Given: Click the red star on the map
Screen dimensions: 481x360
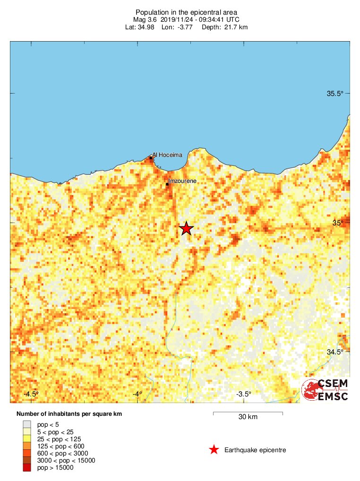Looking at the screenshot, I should pos(187,228).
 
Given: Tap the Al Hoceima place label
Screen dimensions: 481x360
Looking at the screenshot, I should pos(167,155).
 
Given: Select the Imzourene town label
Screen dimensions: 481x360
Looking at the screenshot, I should pos(182,181).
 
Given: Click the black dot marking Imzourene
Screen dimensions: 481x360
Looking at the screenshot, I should pos(167,184).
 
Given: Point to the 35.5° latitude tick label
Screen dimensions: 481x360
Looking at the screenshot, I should pos(335,94).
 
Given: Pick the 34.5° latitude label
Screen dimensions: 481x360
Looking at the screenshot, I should pos(335,352).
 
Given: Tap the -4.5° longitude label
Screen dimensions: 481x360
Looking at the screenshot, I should pos(32,394).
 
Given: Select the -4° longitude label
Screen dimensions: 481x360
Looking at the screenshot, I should pos(137,394).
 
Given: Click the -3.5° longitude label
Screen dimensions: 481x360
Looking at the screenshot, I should pos(243,394).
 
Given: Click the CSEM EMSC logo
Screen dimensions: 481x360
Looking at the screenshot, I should pos(326,390).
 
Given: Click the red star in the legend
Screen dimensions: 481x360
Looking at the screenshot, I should pos(214,450).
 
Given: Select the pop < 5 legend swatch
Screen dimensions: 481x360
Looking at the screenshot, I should pos(27,424).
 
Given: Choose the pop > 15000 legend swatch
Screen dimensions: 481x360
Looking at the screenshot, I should pos(27,468).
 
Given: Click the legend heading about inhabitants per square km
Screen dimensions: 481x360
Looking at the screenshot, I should pos(69,414).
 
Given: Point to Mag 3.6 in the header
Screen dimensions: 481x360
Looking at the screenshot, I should pos(145,19).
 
